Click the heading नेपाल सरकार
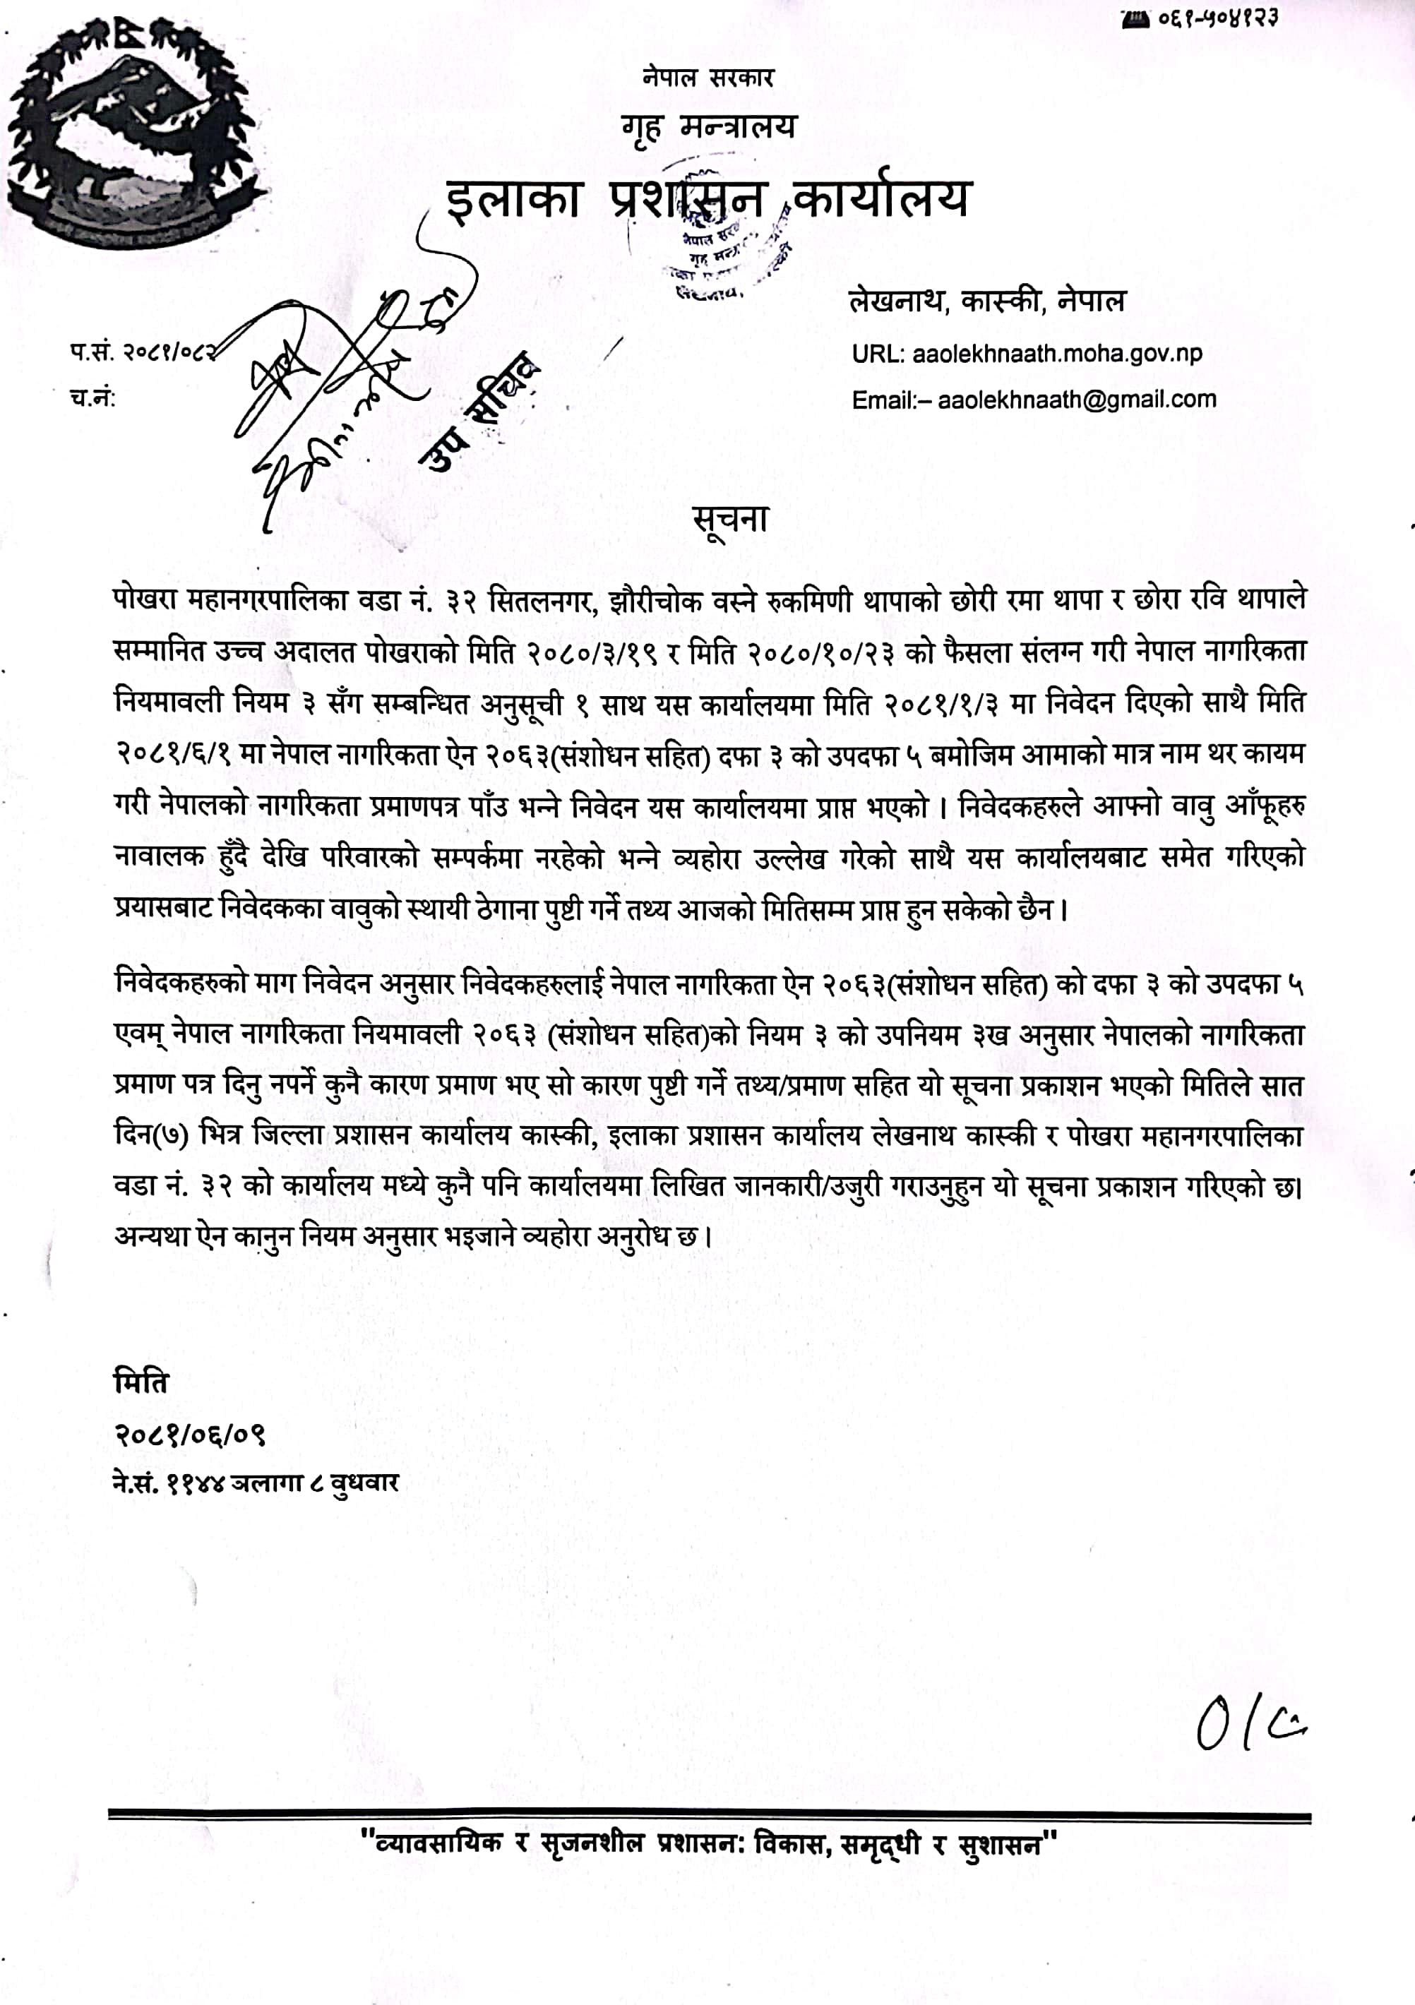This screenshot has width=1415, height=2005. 707,78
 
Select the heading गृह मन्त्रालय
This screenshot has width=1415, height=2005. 708,128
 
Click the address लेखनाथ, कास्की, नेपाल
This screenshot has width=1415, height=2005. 987,301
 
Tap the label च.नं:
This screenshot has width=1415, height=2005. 92,398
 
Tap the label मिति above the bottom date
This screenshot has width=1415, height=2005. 141,1382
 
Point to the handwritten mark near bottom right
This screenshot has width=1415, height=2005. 1250,1725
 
